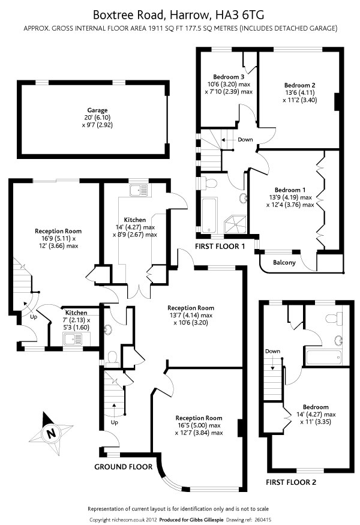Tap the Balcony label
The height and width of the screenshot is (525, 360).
pyautogui.click(x=284, y=262)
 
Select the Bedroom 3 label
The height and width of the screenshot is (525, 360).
pyautogui.click(x=229, y=77)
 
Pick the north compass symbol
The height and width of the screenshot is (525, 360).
pyautogui.click(x=52, y=433)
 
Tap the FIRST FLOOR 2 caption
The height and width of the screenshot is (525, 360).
pyautogui.click(x=290, y=482)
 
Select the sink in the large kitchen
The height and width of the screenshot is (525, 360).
pyautogui.click(x=139, y=191)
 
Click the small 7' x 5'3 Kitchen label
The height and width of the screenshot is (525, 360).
pyautogui.click(x=76, y=313)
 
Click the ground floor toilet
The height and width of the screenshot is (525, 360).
pyautogui.click(x=112, y=358)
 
